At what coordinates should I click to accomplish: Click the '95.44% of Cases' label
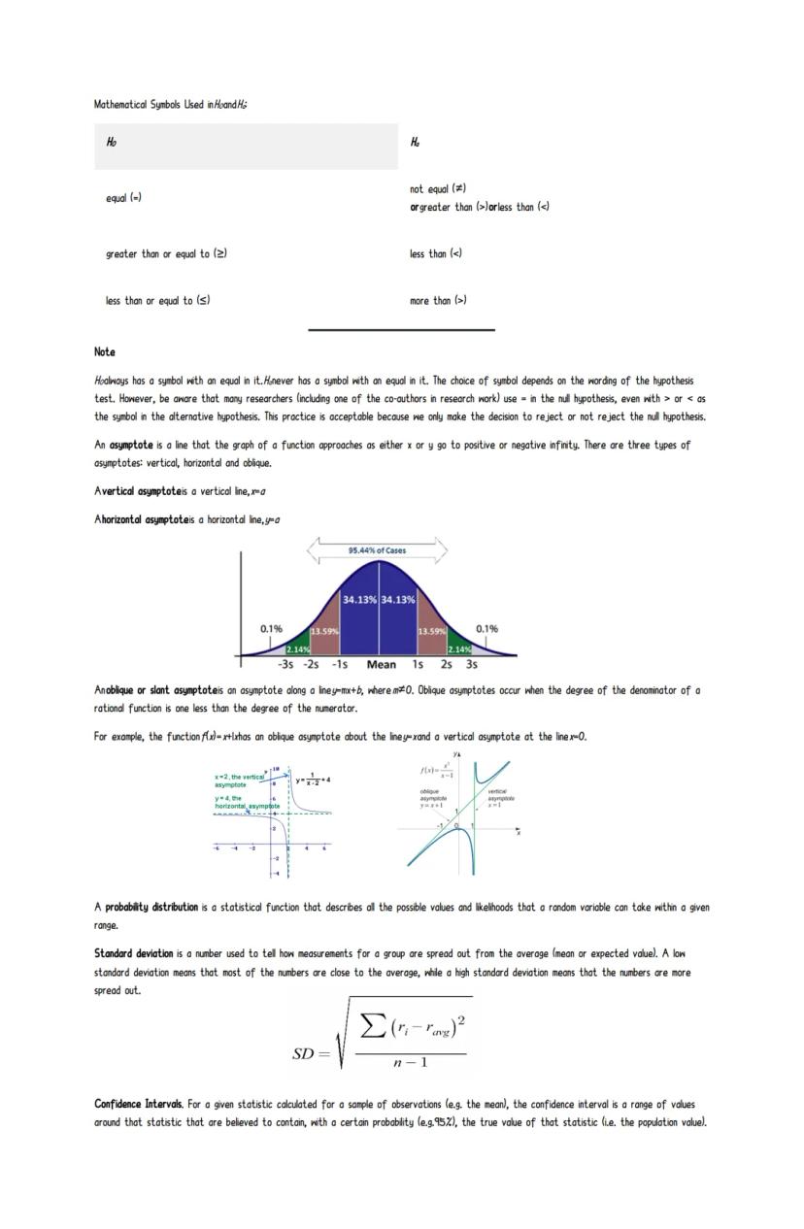pos(377,550)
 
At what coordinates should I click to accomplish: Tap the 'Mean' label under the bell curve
pos(381,665)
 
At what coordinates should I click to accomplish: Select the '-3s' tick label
pos(285,665)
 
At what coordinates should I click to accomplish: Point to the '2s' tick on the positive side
pos(446,665)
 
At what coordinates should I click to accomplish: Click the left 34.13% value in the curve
pos(359,600)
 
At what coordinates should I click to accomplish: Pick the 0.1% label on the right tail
pos(487,628)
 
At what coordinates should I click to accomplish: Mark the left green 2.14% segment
pos(298,648)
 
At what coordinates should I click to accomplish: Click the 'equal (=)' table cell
pos(123,198)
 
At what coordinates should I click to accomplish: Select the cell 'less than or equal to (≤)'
pos(157,301)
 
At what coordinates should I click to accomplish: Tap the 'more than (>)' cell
pos(438,301)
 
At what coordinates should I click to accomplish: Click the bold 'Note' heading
pos(104,352)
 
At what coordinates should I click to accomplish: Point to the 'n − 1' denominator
pos(410,1062)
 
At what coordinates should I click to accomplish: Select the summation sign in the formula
pos(374,1024)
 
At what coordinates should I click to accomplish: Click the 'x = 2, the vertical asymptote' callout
pos(239,781)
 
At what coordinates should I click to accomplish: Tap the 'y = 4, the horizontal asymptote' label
pos(246,802)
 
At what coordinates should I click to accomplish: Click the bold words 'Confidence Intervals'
pos(138,1105)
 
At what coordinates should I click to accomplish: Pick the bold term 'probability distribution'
pos(151,908)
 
